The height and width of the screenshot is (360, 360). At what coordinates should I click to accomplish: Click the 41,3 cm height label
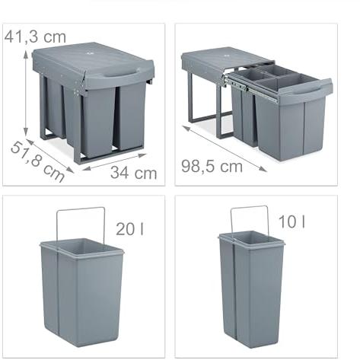click(35, 37)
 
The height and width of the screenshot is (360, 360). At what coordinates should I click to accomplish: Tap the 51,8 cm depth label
click(37, 162)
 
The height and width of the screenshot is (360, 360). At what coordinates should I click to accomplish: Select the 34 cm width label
click(134, 173)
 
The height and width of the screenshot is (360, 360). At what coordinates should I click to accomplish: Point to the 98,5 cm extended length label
click(212, 167)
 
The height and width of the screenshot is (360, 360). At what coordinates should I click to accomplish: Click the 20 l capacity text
click(130, 229)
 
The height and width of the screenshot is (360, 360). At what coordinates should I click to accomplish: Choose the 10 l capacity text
click(292, 221)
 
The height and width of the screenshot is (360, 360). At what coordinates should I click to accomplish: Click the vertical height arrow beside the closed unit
click(26, 93)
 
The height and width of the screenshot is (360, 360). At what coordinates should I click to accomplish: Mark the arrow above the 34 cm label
click(114, 162)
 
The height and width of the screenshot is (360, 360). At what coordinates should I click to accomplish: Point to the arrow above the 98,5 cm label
click(225, 148)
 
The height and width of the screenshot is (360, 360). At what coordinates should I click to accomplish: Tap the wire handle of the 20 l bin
click(81, 209)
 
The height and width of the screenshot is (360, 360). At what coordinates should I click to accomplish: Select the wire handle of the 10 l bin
click(250, 207)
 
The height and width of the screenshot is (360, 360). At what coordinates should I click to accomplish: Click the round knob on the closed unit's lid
click(89, 54)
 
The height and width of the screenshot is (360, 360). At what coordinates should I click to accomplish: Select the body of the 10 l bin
click(251, 289)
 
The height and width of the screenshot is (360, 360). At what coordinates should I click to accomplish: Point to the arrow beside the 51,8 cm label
click(49, 156)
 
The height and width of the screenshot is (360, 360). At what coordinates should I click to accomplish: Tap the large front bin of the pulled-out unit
click(290, 128)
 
